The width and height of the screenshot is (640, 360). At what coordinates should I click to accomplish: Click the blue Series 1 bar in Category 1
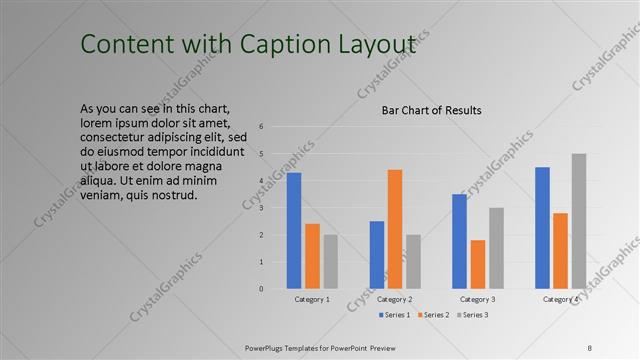point(294,231)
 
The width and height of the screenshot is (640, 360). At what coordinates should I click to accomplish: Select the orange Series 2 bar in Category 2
point(395,229)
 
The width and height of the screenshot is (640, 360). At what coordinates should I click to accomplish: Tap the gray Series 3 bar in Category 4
point(579,221)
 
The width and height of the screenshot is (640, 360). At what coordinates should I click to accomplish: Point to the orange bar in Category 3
point(478,264)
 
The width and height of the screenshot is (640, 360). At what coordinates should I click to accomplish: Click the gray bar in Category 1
point(330,262)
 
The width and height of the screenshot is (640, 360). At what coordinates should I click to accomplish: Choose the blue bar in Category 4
point(543,228)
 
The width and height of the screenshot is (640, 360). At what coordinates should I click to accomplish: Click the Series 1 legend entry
point(397,315)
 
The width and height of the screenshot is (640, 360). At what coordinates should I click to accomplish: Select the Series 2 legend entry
point(434,315)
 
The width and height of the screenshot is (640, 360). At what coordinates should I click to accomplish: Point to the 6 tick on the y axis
point(261,127)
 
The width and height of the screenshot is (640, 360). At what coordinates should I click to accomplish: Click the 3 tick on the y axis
point(261,208)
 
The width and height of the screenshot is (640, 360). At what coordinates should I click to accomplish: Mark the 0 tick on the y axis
point(261,289)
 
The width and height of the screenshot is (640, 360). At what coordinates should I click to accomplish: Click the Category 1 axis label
point(312,299)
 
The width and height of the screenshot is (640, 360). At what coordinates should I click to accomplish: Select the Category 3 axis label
point(478,299)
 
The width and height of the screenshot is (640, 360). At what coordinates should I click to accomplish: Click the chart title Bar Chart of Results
point(432,110)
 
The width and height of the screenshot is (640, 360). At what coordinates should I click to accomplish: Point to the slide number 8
point(590,346)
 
